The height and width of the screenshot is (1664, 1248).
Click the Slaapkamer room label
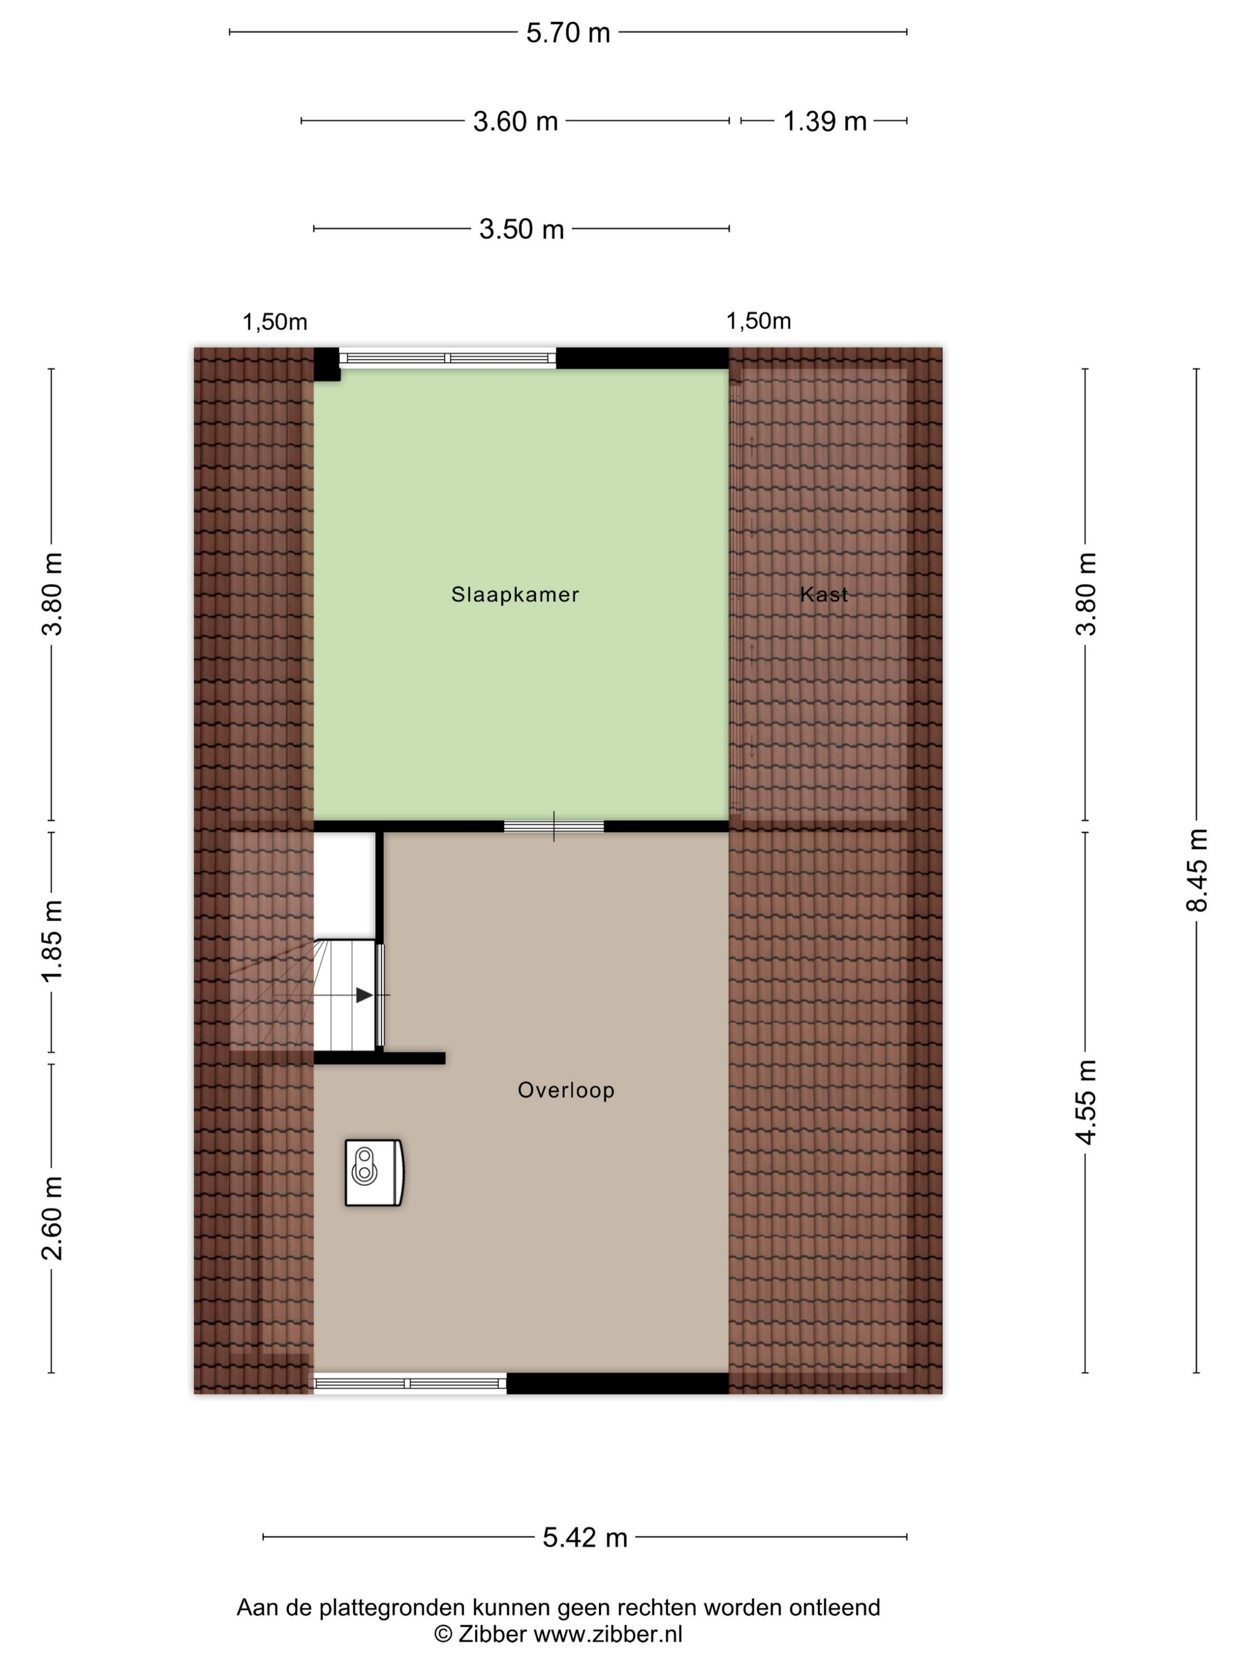[x=515, y=594]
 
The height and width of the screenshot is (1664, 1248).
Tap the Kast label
[x=824, y=594]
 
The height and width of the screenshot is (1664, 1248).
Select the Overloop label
[x=566, y=1090]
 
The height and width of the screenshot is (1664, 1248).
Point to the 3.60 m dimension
[x=515, y=121]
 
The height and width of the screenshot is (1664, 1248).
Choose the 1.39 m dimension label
[x=824, y=121]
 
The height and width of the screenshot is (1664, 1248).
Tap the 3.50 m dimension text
[x=521, y=229]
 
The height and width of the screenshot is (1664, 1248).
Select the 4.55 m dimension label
[x=1086, y=1102]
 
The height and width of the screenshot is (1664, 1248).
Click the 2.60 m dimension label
[x=52, y=1218]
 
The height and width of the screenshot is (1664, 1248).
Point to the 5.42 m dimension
[x=585, y=1537]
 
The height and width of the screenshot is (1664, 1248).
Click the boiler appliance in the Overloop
[x=374, y=1173]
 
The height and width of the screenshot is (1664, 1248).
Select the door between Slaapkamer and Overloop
[x=554, y=826]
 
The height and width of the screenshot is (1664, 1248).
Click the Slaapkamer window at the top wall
[x=447, y=358]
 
